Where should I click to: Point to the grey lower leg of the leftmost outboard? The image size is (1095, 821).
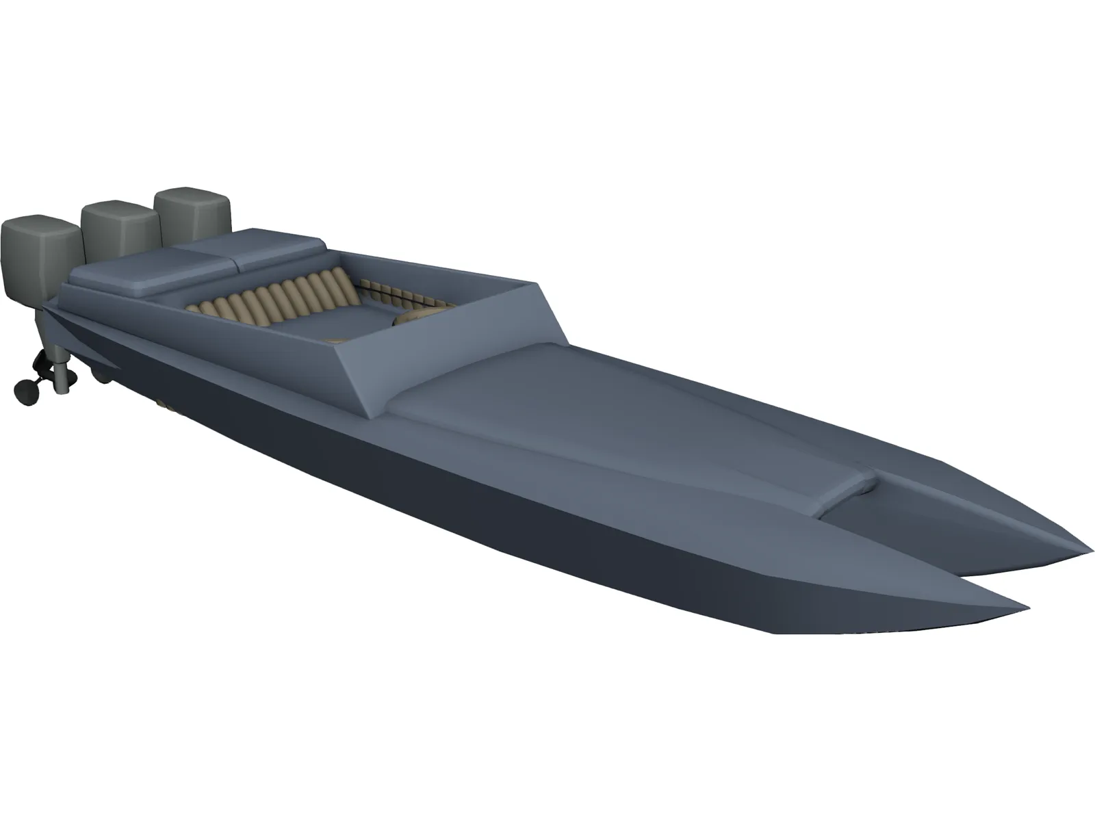click(64, 375)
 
